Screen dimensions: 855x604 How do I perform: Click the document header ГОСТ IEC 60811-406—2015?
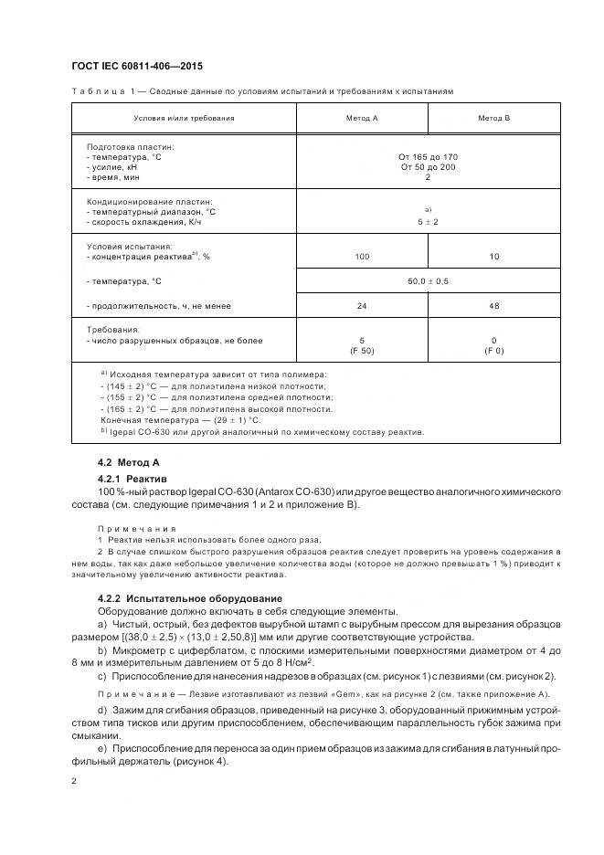(x=136, y=67)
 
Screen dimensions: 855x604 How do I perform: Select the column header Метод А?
(x=362, y=118)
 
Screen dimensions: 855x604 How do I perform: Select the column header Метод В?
(x=494, y=118)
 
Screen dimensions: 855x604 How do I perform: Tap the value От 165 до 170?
(x=429, y=157)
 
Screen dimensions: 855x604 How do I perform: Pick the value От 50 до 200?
(x=429, y=167)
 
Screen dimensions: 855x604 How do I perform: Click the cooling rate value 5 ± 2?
(x=429, y=222)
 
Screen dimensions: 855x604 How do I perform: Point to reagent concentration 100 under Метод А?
(x=362, y=258)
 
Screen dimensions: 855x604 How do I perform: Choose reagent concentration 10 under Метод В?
(x=494, y=258)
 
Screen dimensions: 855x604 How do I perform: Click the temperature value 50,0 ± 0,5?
(x=429, y=282)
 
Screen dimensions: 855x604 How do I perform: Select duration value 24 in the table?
(x=362, y=306)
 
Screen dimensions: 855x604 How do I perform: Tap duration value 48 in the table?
(x=494, y=306)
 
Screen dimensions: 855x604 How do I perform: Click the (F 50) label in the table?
(x=362, y=351)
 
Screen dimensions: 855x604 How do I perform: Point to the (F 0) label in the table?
(x=494, y=351)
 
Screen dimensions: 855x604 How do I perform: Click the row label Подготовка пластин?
(x=130, y=146)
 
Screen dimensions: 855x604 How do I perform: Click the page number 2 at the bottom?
(x=74, y=781)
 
